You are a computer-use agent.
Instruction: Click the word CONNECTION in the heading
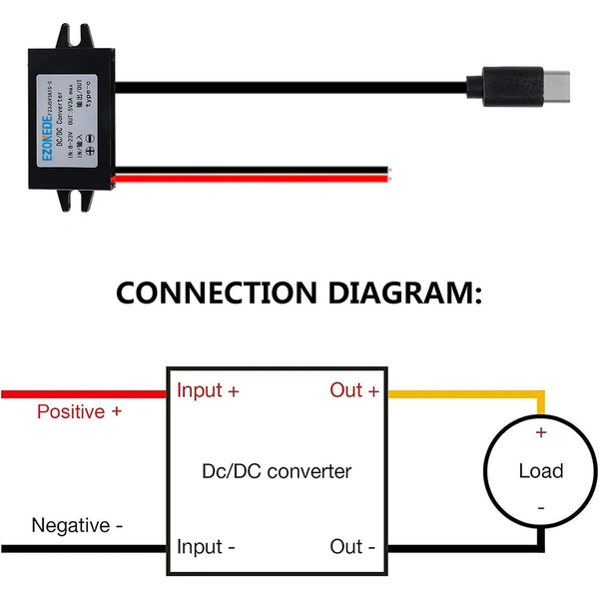[x=218, y=293]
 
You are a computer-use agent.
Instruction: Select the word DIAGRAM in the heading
[x=404, y=293]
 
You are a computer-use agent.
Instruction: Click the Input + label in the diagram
[x=208, y=390]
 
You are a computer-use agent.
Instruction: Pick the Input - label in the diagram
[x=206, y=547]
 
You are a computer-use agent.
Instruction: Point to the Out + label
[x=354, y=390]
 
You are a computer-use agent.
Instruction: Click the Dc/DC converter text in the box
[x=277, y=470]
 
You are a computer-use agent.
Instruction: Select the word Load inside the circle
[x=540, y=471]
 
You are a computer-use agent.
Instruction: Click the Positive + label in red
[x=80, y=410]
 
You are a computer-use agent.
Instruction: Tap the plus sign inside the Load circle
[x=541, y=433]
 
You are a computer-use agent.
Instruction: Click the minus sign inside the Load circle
[x=541, y=508]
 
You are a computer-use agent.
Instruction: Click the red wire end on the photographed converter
[x=250, y=177]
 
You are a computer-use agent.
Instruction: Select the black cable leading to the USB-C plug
[x=299, y=86]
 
